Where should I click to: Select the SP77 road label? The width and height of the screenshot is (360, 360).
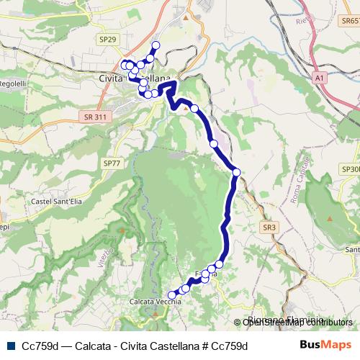pos(112,164)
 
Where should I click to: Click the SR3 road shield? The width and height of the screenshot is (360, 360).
pos(269,227)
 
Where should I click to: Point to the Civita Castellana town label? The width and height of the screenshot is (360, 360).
pos(136,78)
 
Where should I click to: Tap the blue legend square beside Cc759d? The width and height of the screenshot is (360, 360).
pos(9,345)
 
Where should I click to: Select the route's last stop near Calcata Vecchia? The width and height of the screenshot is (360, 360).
pos(171,295)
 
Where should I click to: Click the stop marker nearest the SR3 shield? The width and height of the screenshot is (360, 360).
pos(236,172)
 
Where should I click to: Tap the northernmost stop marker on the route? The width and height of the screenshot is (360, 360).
pos(156,45)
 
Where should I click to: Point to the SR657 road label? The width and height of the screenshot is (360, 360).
pos(348,22)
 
